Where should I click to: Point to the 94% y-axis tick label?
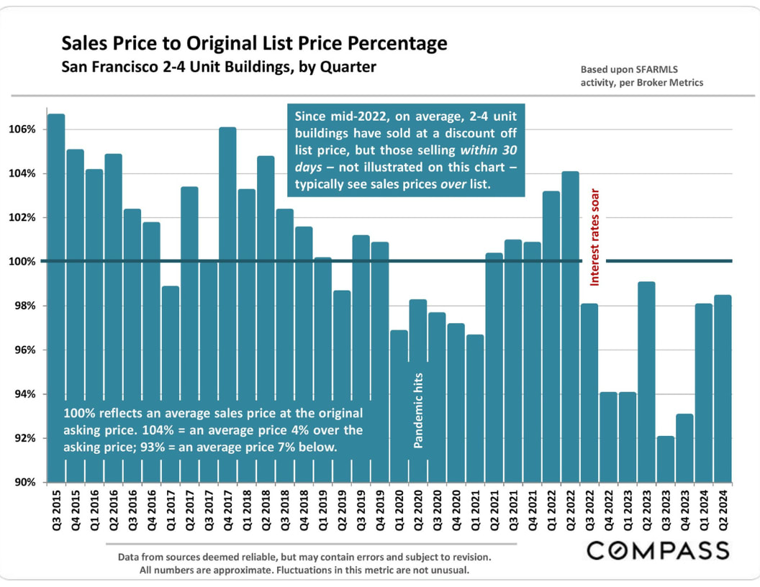(25, 394)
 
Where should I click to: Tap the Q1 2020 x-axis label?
(399, 512)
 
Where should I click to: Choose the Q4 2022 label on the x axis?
(608, 512)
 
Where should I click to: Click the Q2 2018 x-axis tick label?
(266, 512)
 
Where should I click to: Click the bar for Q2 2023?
(646, 382)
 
